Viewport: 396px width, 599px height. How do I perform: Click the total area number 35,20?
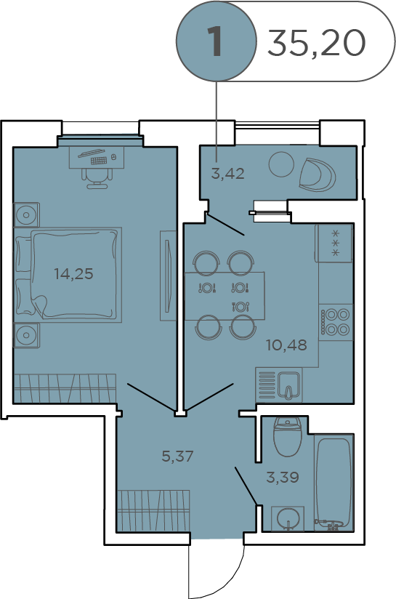point(316,43)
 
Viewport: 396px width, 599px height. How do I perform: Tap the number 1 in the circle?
point(215,41)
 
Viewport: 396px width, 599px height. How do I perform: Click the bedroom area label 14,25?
point(73,274)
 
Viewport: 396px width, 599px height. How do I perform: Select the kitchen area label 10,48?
point(287,345)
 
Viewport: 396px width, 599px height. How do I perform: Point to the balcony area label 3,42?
point(228,174)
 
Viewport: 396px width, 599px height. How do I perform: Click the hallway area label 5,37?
point(177,456)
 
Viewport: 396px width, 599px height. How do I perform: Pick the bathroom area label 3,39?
point(283,477)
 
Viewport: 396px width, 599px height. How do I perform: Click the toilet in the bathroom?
point(288,436)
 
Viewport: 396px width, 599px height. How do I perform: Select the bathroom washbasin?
point(288,519)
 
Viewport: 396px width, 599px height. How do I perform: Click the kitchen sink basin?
point(288,385)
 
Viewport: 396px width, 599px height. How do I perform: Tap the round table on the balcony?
point(282,164)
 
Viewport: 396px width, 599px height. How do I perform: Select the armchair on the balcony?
point(318,174)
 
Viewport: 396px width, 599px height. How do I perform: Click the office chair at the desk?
point(97,177)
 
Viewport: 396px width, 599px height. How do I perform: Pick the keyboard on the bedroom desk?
point(99,161)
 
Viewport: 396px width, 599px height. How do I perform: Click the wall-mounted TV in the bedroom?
point(168,276)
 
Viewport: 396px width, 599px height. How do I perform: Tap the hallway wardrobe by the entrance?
point(153,511)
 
